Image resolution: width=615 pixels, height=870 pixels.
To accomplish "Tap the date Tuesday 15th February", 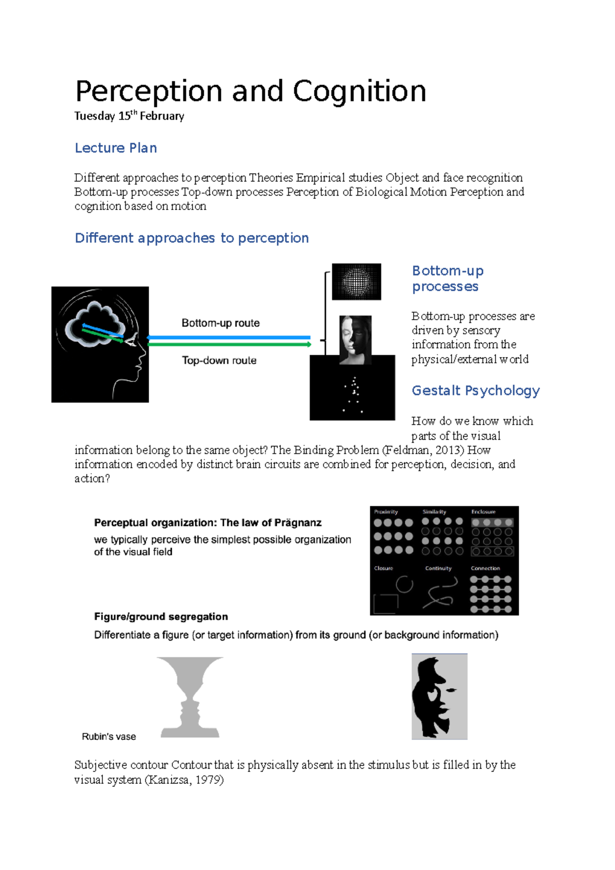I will pyautogui.click(x=129, y=116).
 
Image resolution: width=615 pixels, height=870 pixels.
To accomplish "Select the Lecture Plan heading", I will pyautogui.click(x=116, y=148).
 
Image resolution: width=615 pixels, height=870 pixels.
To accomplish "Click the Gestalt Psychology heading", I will pyautogui.click(x=476, y=390).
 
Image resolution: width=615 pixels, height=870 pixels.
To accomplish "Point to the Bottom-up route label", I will pyautogui.click(x=220, y=323).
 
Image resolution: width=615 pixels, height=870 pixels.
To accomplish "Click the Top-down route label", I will pyautogui.click(x=219, y=360).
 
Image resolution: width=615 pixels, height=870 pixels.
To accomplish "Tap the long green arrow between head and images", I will pyautogui.click(x=229, y=344).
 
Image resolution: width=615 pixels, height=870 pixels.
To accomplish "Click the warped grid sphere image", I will pyautogui.click(x=356, y=281).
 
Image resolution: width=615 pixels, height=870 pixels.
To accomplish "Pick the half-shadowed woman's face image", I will pyautogui.click(x=355, y=339).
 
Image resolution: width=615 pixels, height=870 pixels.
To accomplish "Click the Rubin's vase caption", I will pyautogui.click(x=109, y=737).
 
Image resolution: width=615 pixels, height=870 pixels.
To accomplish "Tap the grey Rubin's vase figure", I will pyautogui.click(x=190, y=697).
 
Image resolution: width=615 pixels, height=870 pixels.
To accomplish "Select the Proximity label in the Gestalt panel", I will pyautogui.click(x=386, y=512).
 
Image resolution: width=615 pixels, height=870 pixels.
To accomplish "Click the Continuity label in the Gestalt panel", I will pyautogui.click(x=438, y=568).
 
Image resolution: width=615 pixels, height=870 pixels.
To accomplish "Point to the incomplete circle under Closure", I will pyautogui.click(x=404, y=584).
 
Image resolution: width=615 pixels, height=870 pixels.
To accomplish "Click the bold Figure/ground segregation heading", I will pyautogui.click(x=161, y=616).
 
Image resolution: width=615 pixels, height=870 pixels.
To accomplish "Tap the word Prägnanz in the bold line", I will pyautogui.click(x=298, y=523).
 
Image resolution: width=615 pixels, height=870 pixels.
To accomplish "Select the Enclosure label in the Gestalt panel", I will pyautogui.click(x=483, y=512).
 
